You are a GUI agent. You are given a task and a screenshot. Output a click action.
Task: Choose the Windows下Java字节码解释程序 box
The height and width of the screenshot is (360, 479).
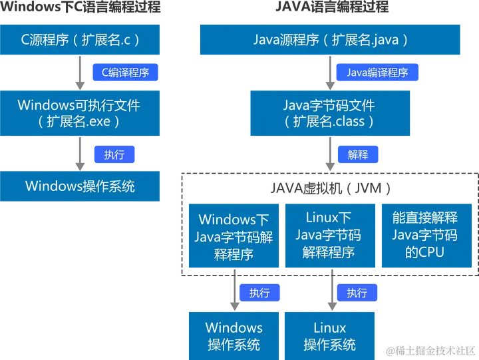click(x=234, y=236)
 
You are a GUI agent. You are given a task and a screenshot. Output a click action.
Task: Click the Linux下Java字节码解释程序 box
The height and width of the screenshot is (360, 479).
click(x=329, y=235)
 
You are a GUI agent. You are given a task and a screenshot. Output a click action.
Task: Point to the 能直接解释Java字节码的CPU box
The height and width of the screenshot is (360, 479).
click(x=424, y=235)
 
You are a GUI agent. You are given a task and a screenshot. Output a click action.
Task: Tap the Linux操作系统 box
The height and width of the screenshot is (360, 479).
click(x=329, y=335)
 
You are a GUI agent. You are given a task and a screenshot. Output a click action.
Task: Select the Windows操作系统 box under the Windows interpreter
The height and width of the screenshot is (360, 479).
click(x=234, y=335)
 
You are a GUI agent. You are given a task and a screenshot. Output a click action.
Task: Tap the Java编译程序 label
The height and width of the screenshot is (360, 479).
click(x=377, y=73)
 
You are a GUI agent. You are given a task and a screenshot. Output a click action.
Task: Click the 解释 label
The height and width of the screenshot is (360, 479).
click(x=358, y=154)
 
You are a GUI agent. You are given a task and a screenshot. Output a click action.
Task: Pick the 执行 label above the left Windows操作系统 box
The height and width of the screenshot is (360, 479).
click(x=114, y=154)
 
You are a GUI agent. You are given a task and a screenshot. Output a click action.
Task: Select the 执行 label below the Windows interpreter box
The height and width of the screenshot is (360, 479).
click(x=260, y=293)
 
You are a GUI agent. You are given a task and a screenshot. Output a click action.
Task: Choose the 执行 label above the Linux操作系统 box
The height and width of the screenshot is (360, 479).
click(x=357, y=293)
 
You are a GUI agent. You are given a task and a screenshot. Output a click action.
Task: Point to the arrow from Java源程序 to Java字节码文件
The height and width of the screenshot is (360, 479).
click(x=330, y=73)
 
